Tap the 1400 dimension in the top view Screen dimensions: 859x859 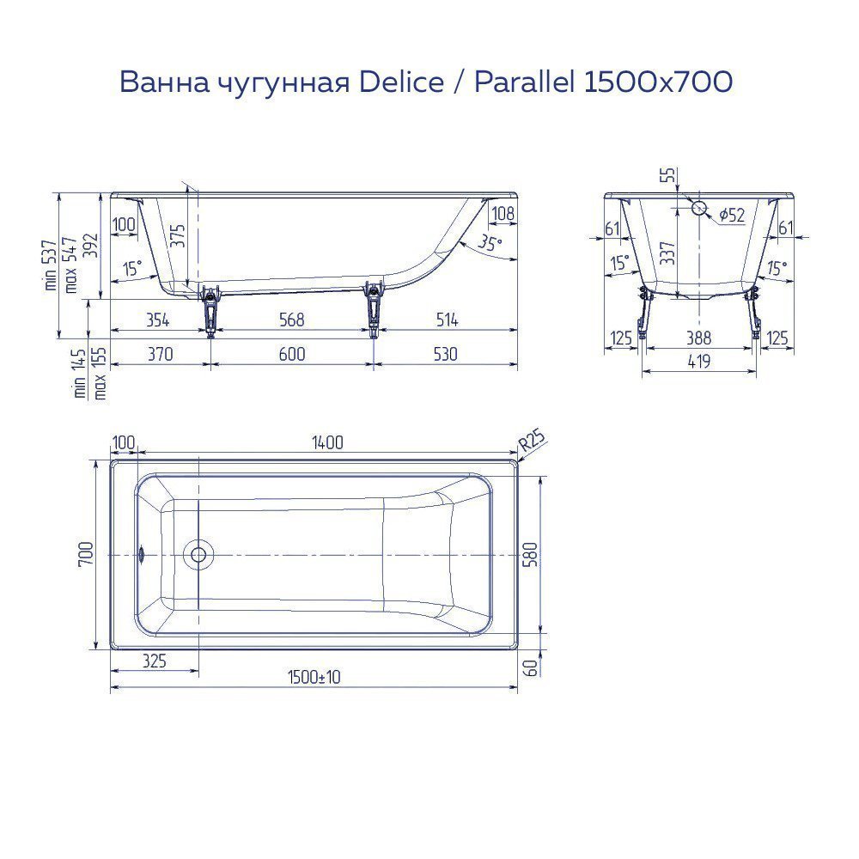(x=327, y=442)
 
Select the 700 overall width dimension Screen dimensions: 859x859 (x=83, y=555)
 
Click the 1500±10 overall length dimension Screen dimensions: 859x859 (x=314, y=677)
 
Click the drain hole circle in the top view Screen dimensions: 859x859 (x=198, y=555)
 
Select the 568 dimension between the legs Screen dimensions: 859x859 (x=292, y=320)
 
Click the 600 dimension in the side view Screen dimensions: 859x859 (x=292, y=353)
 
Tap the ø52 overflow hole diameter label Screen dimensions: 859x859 (x=731, y=215)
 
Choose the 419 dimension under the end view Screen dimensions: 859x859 (x=698, y=362)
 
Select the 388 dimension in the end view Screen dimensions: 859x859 (x=698, y=338)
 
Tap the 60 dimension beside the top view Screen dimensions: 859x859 (x=530, y=667)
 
